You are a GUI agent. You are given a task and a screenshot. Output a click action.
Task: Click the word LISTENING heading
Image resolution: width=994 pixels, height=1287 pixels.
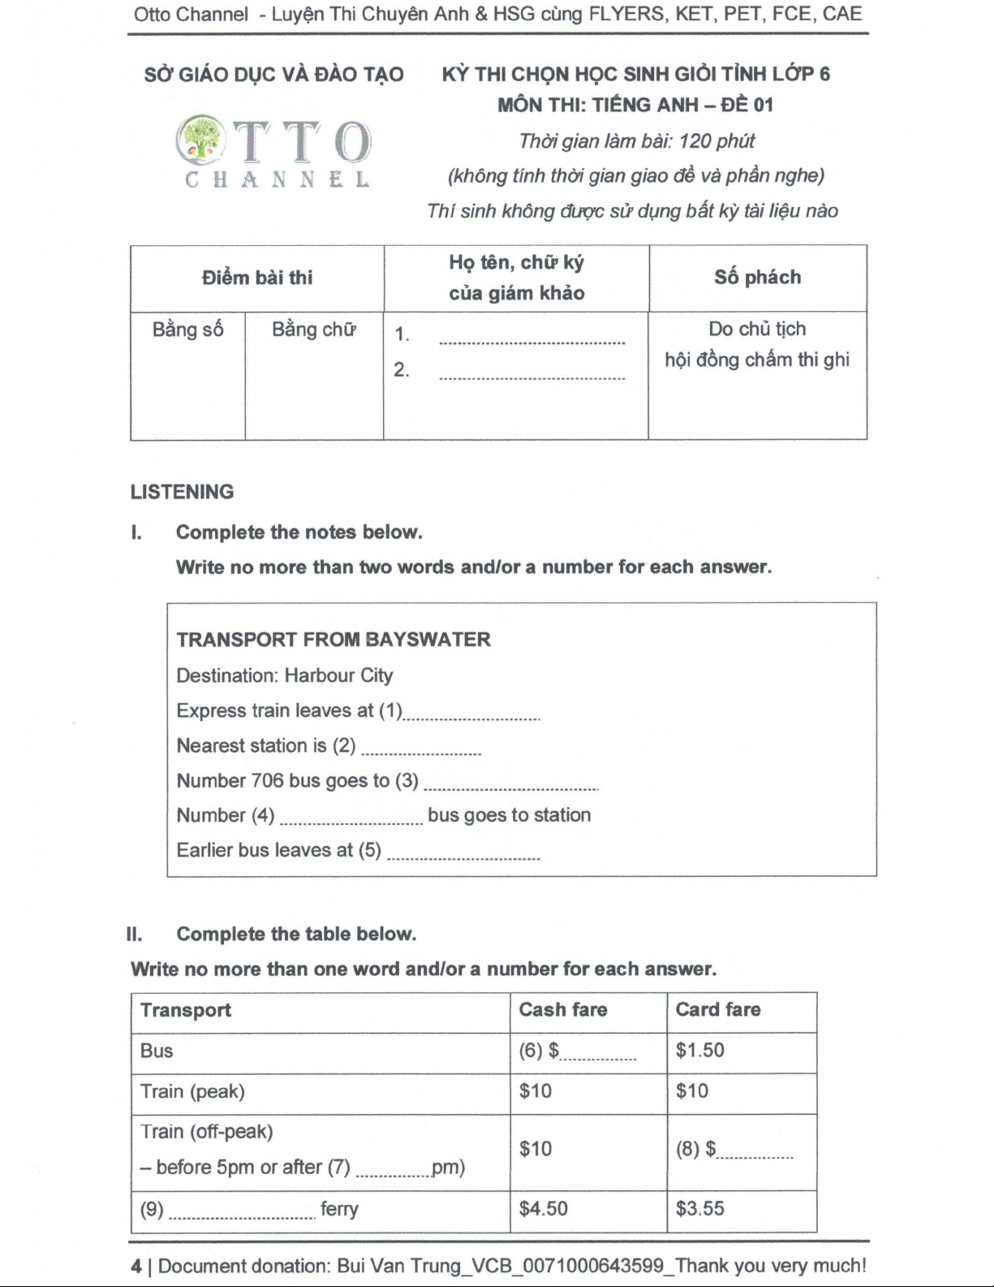coord(182,492)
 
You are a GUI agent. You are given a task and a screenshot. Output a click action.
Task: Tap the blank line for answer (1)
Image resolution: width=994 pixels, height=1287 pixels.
coord(471,715)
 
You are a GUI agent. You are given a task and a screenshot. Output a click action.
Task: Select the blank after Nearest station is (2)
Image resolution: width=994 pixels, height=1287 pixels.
coord(420,750)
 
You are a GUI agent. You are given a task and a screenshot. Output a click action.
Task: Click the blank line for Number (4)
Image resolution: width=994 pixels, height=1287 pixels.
coord(351,820)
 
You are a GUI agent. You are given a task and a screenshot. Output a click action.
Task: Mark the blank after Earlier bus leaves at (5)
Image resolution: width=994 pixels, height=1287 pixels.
coord(463,855)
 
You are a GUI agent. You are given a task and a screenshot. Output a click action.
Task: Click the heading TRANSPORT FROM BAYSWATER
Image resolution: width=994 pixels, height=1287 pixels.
coord(333,640)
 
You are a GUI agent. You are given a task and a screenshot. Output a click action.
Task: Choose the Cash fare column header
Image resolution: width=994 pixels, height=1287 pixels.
coord(563,1010)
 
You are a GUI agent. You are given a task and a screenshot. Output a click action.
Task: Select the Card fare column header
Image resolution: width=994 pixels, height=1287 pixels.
coord(718,1010)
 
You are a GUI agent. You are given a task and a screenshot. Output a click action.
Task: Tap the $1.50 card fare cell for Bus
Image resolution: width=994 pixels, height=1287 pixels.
coord(699,1051)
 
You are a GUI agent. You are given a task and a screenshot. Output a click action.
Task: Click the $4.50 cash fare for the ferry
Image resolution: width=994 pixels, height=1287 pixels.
coord(543,1209)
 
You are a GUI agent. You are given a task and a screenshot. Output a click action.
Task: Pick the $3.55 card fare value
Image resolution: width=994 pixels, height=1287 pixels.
coord(699,1209)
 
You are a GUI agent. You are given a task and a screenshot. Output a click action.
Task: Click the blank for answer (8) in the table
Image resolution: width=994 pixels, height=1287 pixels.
coord(755,1154)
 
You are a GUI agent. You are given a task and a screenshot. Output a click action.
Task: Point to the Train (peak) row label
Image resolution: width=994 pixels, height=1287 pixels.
coord(192,1091)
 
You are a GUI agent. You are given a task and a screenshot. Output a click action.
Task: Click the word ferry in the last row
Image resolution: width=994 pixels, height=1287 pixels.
coord(339,1209)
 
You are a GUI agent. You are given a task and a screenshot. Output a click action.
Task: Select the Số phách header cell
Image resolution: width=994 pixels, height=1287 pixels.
coord(757,278)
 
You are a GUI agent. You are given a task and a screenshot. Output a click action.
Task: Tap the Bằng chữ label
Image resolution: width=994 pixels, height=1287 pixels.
coord(314,330)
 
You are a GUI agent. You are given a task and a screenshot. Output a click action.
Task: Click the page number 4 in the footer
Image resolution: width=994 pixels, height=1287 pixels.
coord(136,1266)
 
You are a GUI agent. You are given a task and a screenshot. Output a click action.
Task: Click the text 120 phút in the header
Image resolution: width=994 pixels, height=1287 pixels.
coord(716,141)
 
